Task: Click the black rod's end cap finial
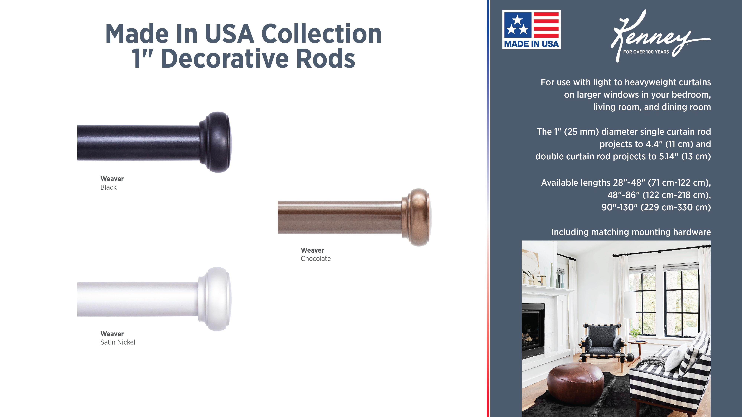click(x=216, y=142)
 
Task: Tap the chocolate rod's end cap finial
click(x=417, y=217)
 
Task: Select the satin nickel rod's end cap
click(x=215, y=299)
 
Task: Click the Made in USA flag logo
click(x=531, y=30)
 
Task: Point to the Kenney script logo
click(x=660, y=36)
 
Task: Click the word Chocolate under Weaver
click(x=316, y=259)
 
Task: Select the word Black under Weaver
click(x=108, y=187)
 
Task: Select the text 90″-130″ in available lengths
click(x=619, y=207)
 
